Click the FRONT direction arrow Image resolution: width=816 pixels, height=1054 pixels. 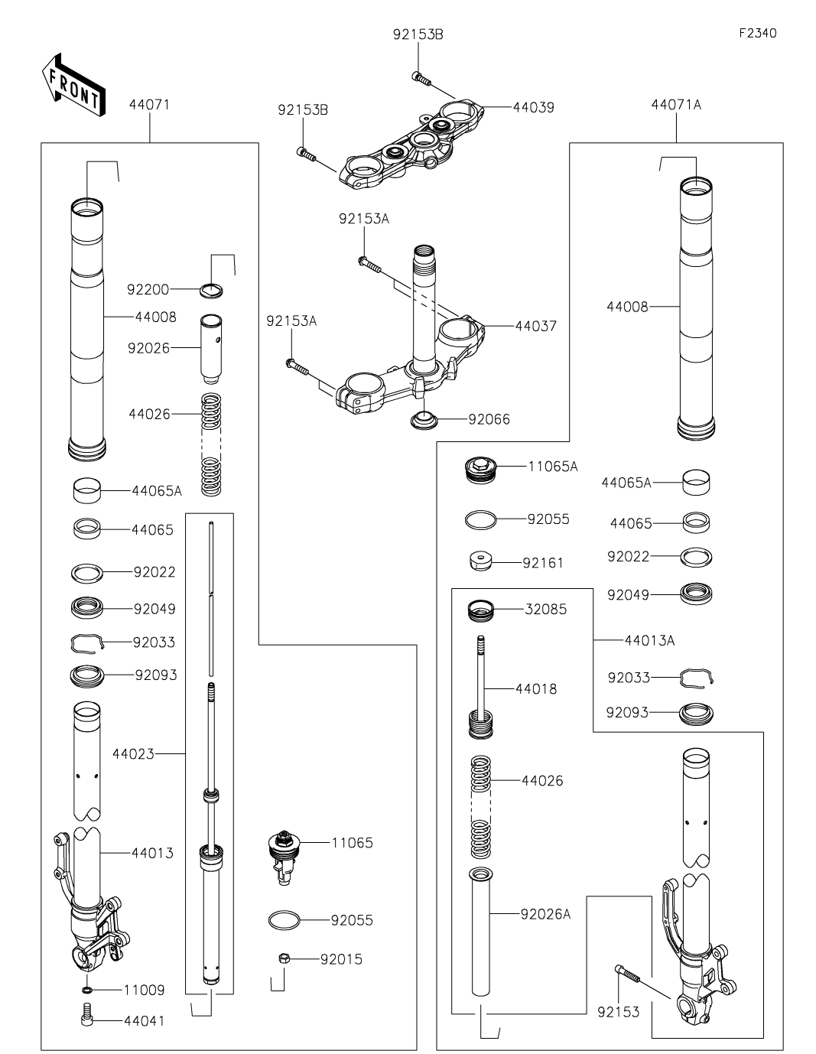point(70,84)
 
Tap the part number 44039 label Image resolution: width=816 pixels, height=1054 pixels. point(533,108)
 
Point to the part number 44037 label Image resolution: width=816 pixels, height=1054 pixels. point(535,327)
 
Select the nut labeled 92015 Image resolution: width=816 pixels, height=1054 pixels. point(283,958)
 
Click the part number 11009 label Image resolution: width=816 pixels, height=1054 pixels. point(144,991)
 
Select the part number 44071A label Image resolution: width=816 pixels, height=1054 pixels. point(676,105)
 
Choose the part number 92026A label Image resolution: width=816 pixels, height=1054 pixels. point(545,914)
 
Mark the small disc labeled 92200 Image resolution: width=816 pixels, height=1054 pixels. point(212,290)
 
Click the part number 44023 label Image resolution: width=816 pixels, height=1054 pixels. point(133,754)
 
